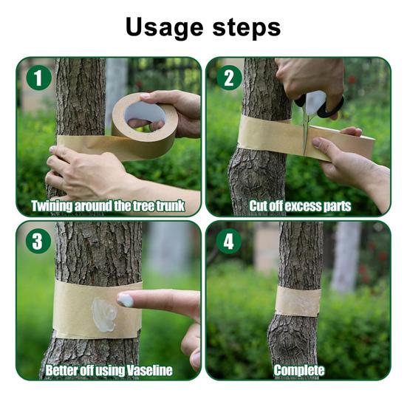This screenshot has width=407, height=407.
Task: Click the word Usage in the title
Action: (164, 28)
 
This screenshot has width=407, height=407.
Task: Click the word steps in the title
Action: (247, 27)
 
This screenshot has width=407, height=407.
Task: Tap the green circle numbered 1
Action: (39, 78)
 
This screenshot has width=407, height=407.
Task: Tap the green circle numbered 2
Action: (229, 78)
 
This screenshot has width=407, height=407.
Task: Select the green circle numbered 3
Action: (38, 241)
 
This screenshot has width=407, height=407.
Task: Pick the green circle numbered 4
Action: (229, 241)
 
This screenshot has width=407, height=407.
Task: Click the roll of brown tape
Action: (146, 126)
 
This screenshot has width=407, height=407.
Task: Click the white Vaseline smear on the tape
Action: (104, 315)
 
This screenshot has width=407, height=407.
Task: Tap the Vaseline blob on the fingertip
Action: (125, 300)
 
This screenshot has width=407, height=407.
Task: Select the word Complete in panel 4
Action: (299, 370)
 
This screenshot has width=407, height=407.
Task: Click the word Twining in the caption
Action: (52, 206)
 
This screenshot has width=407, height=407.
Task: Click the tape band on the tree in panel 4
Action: (298, 301)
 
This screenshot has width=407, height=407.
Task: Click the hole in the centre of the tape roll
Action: (145, 114)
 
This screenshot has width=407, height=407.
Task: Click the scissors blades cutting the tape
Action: (307, 132)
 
